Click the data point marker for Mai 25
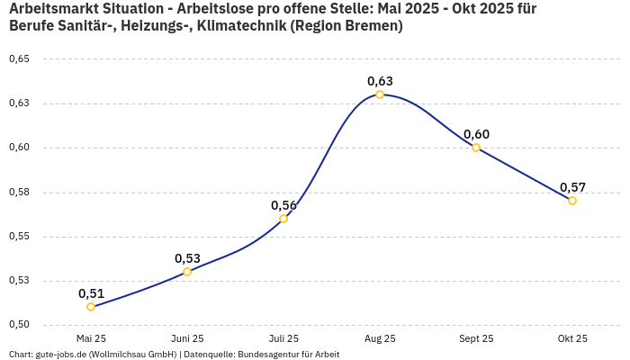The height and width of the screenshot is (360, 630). (x=91, y=307)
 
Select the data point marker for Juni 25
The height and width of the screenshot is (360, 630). (x=187, y=272)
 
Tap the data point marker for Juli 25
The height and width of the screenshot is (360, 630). (x=283, y=219)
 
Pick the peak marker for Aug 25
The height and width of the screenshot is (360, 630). (x=380, y=94)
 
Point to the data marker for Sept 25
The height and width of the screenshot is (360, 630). (x=476, y=148)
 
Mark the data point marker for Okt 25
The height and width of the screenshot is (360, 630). (x=572, y=201)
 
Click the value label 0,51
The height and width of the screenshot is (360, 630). (x=91, y=293)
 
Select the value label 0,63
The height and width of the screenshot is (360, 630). (x=380, y=81)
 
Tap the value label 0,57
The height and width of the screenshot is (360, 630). (x=572, y=187)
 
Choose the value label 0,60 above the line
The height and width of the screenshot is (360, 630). (x=476, y=134)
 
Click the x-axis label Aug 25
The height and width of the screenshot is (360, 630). (x=380, y=338)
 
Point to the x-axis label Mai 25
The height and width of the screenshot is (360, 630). (x=91, y=338)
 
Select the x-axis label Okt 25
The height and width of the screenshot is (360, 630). (x=572, y=338)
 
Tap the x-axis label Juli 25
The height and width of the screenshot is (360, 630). (x=283, y=338)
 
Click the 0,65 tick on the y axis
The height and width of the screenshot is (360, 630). (x=19, y=59)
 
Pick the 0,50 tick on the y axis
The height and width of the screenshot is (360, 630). (x=19, y=325)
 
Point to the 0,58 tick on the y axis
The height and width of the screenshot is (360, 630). (x=19, y=192)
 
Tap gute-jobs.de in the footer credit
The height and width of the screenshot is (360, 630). (x=62, y=354)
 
